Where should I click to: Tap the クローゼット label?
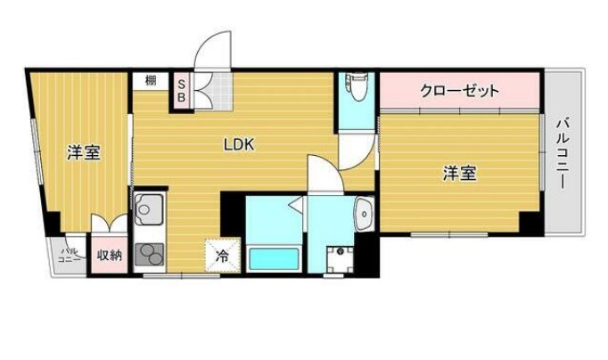[x=460, y=91]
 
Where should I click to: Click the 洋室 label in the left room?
[x=83, y=153]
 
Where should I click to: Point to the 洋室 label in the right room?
[x=460, y=174]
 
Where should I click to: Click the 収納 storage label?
[x=110, y=256]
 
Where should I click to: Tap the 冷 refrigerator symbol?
[x=221, y=255]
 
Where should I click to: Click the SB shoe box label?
[x=181, y=88]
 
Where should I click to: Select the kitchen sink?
[x=146, y=210]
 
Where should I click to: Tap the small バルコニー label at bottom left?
[x=70, y=257]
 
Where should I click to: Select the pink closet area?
[x=460, y=91]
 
